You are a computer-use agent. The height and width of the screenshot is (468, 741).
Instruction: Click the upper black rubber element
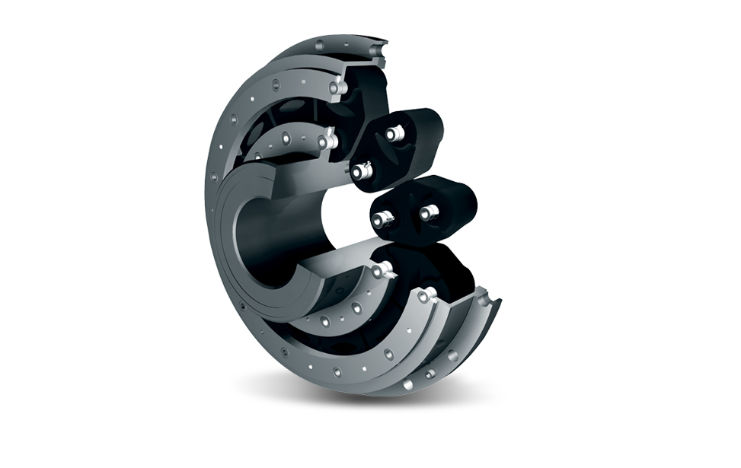tap(411, 145)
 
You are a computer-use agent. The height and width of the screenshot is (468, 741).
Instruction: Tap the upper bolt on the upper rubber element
tap(393, 134)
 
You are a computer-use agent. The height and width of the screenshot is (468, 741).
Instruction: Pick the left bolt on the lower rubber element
tap(380, 220)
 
